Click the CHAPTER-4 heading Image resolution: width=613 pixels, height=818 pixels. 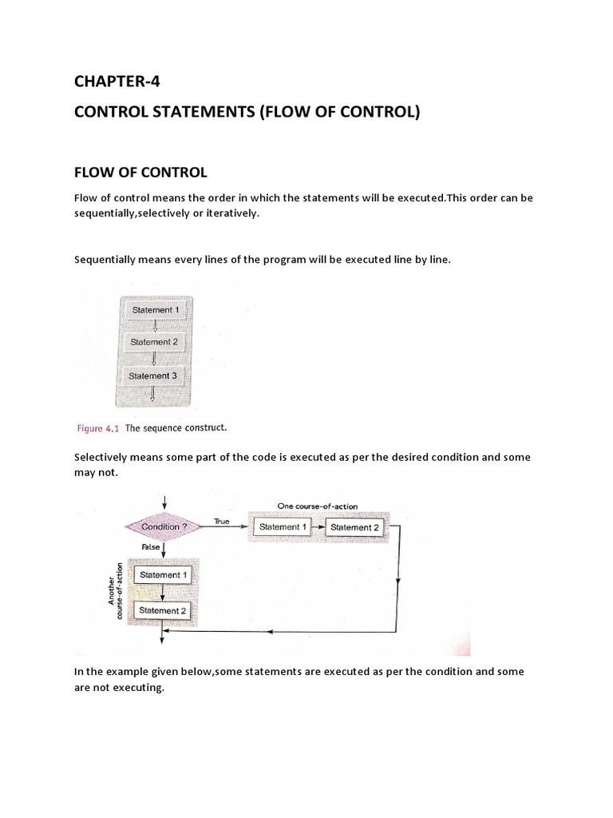(x=117, y=81)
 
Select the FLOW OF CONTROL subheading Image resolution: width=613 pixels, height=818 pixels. (x=140, y=173)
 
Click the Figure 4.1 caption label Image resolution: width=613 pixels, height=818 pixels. (x=97, y=428)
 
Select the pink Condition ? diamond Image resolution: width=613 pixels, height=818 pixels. (x=164, y=527)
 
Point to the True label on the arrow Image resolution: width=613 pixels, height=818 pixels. (x=221, y=521)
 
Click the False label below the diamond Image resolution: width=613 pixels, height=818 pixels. (x=151, y=548)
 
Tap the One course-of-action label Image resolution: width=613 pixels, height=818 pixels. (x=317, y=506)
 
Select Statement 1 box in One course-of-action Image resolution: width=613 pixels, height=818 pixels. (x=279, y=527)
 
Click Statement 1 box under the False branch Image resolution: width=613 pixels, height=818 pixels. (x=163, y=575)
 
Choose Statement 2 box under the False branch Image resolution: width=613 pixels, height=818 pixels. (x=163, y=611)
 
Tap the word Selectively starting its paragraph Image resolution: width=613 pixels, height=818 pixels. (x=102, y=458)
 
